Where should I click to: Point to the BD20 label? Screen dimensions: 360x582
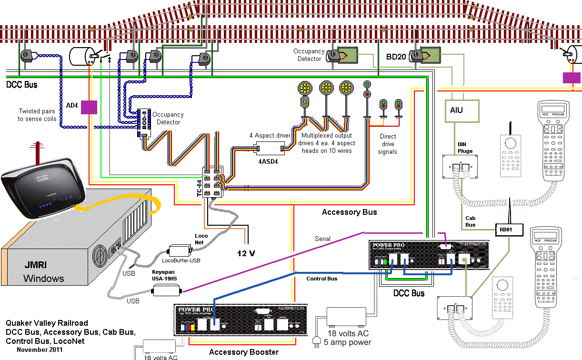[396, 57]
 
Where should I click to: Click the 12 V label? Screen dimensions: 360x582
[246, 253]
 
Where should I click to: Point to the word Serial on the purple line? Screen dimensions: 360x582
[323, 239]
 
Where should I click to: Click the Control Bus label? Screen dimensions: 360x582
[321, 279]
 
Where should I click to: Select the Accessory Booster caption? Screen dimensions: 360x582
[244, 352]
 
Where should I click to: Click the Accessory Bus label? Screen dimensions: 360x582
[349, 212]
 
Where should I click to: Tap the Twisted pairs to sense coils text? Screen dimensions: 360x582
[38, 115]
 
